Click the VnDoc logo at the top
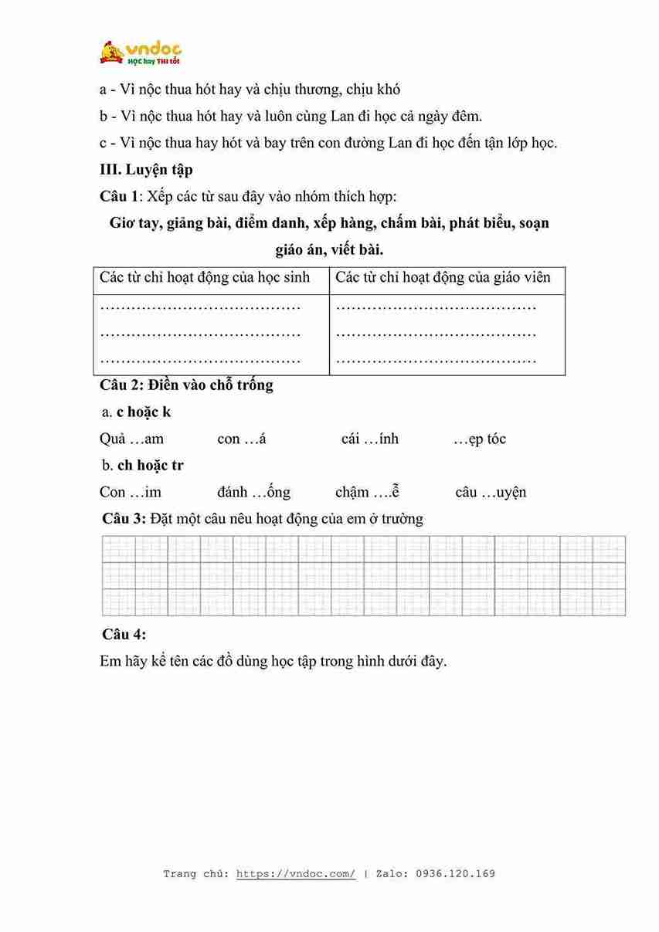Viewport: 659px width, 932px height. (x=140, y=53)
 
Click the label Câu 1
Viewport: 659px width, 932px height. (x=121, y=195)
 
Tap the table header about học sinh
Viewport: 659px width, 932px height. (x=205, y=277)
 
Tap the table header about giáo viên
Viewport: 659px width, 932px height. (x=443, y=277)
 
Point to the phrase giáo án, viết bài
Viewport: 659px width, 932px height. (x=329, y=249)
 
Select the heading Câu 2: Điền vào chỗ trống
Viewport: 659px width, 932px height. (x=186, y=385)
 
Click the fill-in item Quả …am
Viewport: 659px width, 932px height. (x=131, y=439)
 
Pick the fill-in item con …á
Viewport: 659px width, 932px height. (x=242, y=439)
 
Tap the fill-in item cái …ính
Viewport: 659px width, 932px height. (x=370, y=439)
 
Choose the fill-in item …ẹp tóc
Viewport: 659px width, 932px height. (x=480, y=439)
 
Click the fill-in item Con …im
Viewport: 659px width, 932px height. (x=131, y=492)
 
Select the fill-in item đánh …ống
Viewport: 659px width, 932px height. (x=253, y=492)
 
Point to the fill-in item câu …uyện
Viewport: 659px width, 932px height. (x=491, y=492)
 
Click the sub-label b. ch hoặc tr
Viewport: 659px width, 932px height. (x=142, y=466)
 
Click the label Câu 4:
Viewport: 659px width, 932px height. (x=124, y=634)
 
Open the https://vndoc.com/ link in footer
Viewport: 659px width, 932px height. (x=296, y=874)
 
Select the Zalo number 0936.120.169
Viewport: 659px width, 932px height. (x=455, y=874)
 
